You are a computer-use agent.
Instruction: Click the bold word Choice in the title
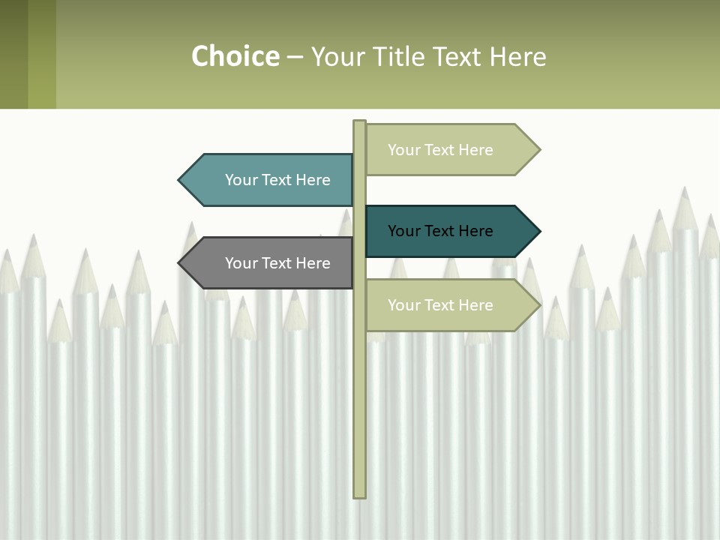[x=235, y=56]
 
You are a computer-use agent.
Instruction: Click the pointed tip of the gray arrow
[x=180, y=263]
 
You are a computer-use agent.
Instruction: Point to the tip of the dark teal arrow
[x=538, y=231]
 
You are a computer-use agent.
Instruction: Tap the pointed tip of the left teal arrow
[x=180, y=180]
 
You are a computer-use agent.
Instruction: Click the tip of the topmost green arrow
[x=538, y=150]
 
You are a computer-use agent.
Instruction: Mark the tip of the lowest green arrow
[x=538, y=305]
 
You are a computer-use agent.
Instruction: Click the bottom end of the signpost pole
[x=360, y=495]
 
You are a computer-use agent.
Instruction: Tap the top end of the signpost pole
[x=360, y=122]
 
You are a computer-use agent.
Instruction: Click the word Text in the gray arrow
[x=277, y=263]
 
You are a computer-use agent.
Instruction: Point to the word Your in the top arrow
[x=403, y=150]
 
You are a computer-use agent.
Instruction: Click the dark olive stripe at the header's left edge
[x=13, y=54]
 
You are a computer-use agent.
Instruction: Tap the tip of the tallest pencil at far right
[x=684, y=189]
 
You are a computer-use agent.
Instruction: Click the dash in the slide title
[x=295, y=57]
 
